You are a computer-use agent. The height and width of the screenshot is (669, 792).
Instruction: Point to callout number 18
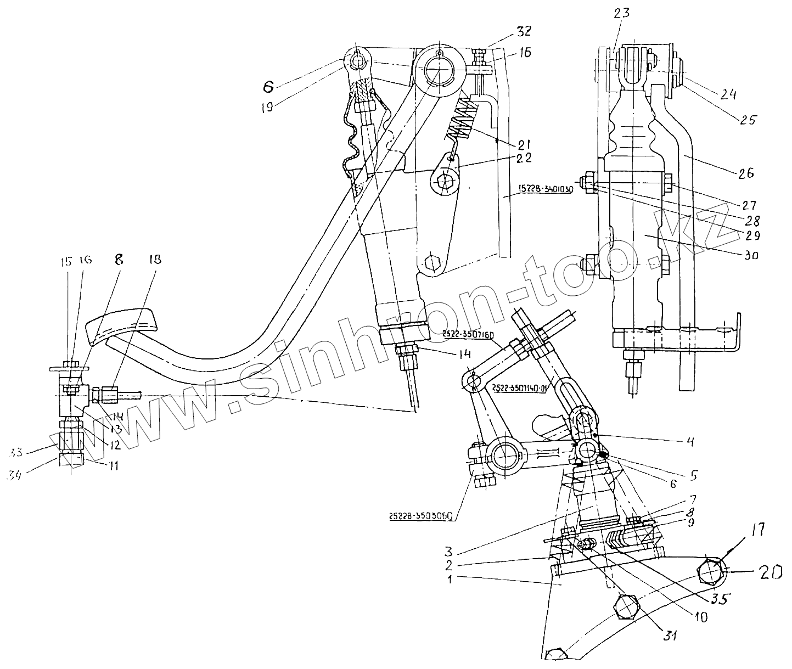pyautogui.click(x=155, y=260)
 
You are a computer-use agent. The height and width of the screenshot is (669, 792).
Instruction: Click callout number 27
pyautogui.click(x=750, y=205)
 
